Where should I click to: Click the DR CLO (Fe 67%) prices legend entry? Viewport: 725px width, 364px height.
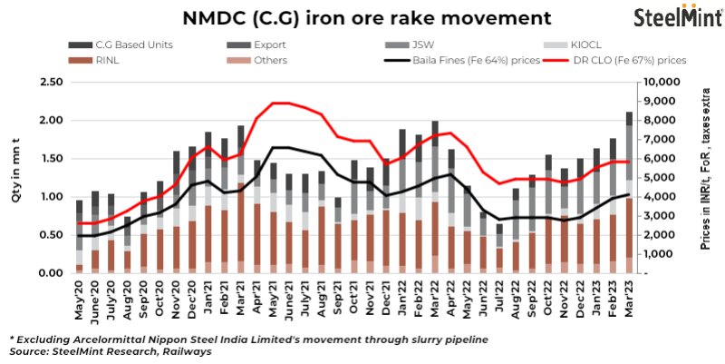click(x=628, y=60)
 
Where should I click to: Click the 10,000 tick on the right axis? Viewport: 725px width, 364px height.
click(x=653, y=83)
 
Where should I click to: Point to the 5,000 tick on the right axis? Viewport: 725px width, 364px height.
click(x=656, y=178)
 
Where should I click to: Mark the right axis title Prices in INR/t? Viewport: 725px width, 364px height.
click(x=705, y=178)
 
